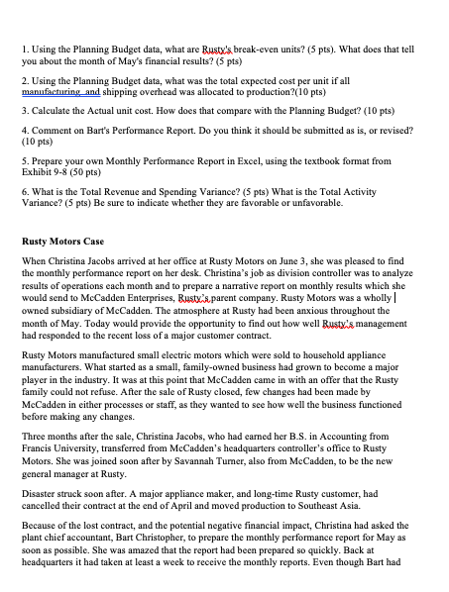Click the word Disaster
tap(43, 510)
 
